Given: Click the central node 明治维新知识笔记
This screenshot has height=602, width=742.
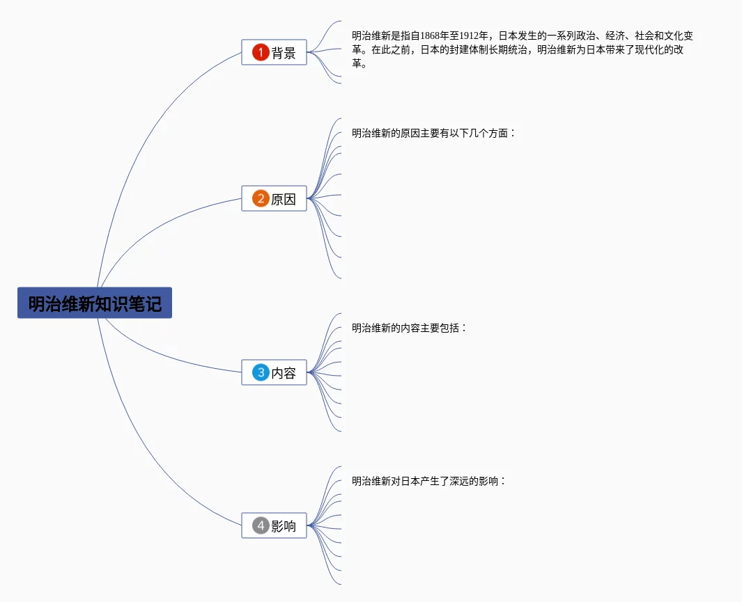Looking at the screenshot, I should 94,303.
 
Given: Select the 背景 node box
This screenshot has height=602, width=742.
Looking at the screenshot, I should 274,52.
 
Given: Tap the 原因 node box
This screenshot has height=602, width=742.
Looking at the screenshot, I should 274,198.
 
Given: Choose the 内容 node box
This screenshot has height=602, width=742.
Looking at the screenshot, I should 274,372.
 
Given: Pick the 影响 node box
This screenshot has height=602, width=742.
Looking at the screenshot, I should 274,525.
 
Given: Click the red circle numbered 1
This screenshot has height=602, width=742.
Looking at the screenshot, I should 261,52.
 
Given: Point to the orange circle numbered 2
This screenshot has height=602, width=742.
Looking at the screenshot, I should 261,198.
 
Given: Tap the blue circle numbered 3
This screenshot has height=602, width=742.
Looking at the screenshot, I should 261,372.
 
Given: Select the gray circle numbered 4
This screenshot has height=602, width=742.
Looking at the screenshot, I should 261,525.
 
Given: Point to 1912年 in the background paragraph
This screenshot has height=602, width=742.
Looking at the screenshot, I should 474,36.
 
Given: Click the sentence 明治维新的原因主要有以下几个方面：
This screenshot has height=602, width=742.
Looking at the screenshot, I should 433,133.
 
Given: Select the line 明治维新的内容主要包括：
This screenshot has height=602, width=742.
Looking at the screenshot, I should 409,328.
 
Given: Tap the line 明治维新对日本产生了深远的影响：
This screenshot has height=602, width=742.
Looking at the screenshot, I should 428,481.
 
